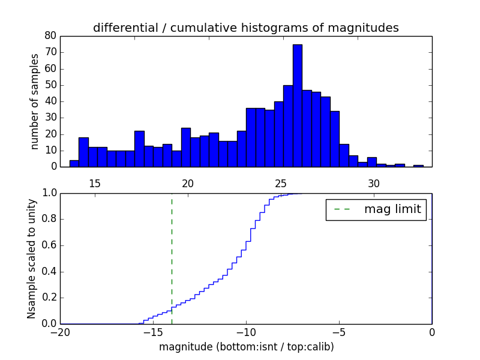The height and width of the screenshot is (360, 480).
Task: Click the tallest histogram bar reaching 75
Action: [297, 105]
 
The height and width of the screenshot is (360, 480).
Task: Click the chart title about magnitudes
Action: [245, 28]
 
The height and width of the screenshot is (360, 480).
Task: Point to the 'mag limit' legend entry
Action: [376, 209]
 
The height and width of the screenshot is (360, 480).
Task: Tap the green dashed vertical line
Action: [172, 258]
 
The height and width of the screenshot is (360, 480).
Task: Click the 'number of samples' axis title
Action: [35, 101]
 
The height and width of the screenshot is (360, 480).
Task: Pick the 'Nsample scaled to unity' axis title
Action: [31, 259]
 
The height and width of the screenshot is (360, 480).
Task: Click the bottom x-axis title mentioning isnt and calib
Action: [246, 347]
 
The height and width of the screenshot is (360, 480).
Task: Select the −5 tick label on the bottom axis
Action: [339, 332]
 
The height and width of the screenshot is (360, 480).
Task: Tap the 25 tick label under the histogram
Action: [281, 183]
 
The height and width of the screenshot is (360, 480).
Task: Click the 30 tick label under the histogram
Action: [374, 183]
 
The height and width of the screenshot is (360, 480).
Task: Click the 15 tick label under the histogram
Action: [94, 183]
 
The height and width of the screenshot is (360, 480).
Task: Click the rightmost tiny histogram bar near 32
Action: [418, 165]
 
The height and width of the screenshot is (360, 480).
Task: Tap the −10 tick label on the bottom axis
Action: [246, 332]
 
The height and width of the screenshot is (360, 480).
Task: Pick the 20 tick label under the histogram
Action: [188, 183]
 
